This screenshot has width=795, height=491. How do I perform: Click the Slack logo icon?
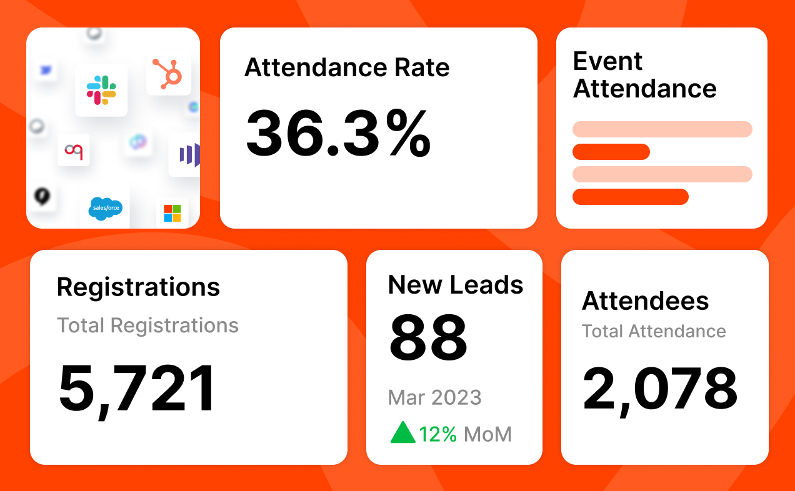pyautogui.click(x=101, y=90)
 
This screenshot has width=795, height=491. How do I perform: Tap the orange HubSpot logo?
pyautogui.click(x=169, y=72)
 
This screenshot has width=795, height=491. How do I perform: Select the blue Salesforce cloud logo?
pyautogui.click(x=105, y=208)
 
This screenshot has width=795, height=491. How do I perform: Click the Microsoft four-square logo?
pyautogui.click(x=172, y=213)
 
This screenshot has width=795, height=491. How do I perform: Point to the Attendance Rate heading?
pyautogui.click(x=347, y=67)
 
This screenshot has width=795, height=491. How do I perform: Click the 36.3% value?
pyautogui.click(x=338, y=133)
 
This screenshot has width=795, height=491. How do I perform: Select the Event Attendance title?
pyautogui.click(x=644, y=75)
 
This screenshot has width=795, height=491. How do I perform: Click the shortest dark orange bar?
pyautogui.click(x=611, y=152)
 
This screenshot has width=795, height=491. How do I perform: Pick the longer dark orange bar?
pyautogui.click(x=630, y=197)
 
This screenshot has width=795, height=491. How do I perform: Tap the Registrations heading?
pyautogui.click(x=138, y=287)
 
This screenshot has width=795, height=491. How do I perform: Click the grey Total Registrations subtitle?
pyautogui.click(x=147, y=325)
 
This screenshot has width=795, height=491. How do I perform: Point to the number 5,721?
pyautogui.click(x=137, y=388)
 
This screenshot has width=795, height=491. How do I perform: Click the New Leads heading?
pyautogui.click(x=456, y=285)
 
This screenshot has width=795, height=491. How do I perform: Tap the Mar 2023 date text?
pyautogui.click(x=434, y=397)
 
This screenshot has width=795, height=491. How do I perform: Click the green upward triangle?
pyautogui.click(x=402, y=432)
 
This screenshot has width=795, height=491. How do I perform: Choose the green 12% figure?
pyautogui.click(x=438, y=434)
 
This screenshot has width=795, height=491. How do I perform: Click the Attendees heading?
pyautogui.click(x=645, y=301)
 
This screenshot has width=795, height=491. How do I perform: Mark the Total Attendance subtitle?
pyautogui.click(x=654, y=331)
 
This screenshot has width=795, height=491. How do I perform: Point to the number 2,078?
pyautogui.click(x=660, y=388)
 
